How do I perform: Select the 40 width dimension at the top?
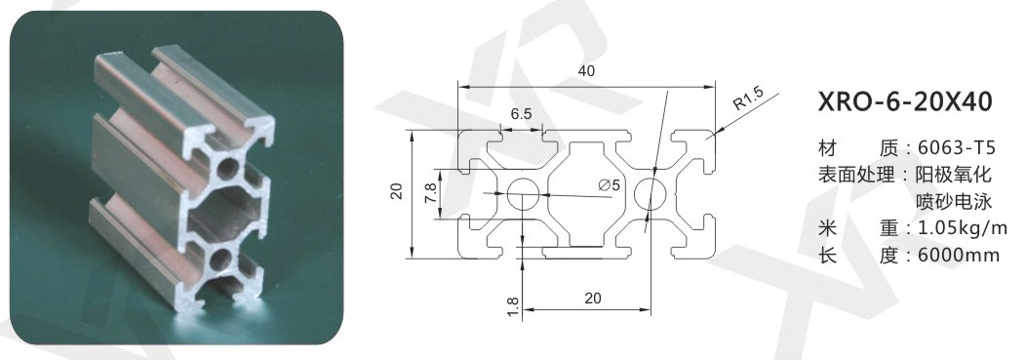click(587, 71)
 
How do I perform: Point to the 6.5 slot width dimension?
click(522, 114)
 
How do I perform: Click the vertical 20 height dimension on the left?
click(396, 190)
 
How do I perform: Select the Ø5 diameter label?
click(609, 185)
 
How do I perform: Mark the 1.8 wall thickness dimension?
click(513, 306)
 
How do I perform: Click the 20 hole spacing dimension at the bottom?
click(592, 299)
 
